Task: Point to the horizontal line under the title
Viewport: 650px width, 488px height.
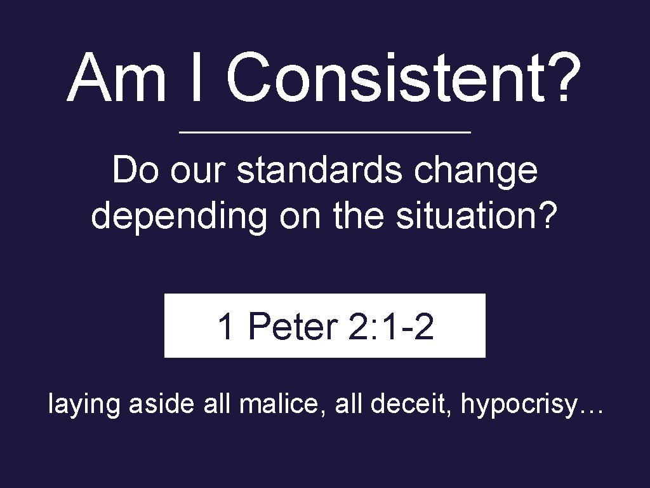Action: (325, 132)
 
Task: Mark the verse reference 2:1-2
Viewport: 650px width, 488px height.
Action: (391, 327)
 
